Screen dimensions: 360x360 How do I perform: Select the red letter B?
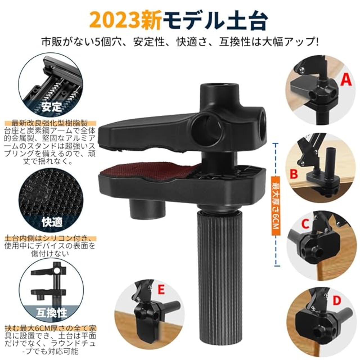[x=294, y=174]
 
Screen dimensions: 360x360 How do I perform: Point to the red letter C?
[x=305, y=224]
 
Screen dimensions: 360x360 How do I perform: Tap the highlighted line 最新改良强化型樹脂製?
[x=50, y=123]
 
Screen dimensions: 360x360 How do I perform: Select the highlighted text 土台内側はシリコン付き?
[x=49, y=238]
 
